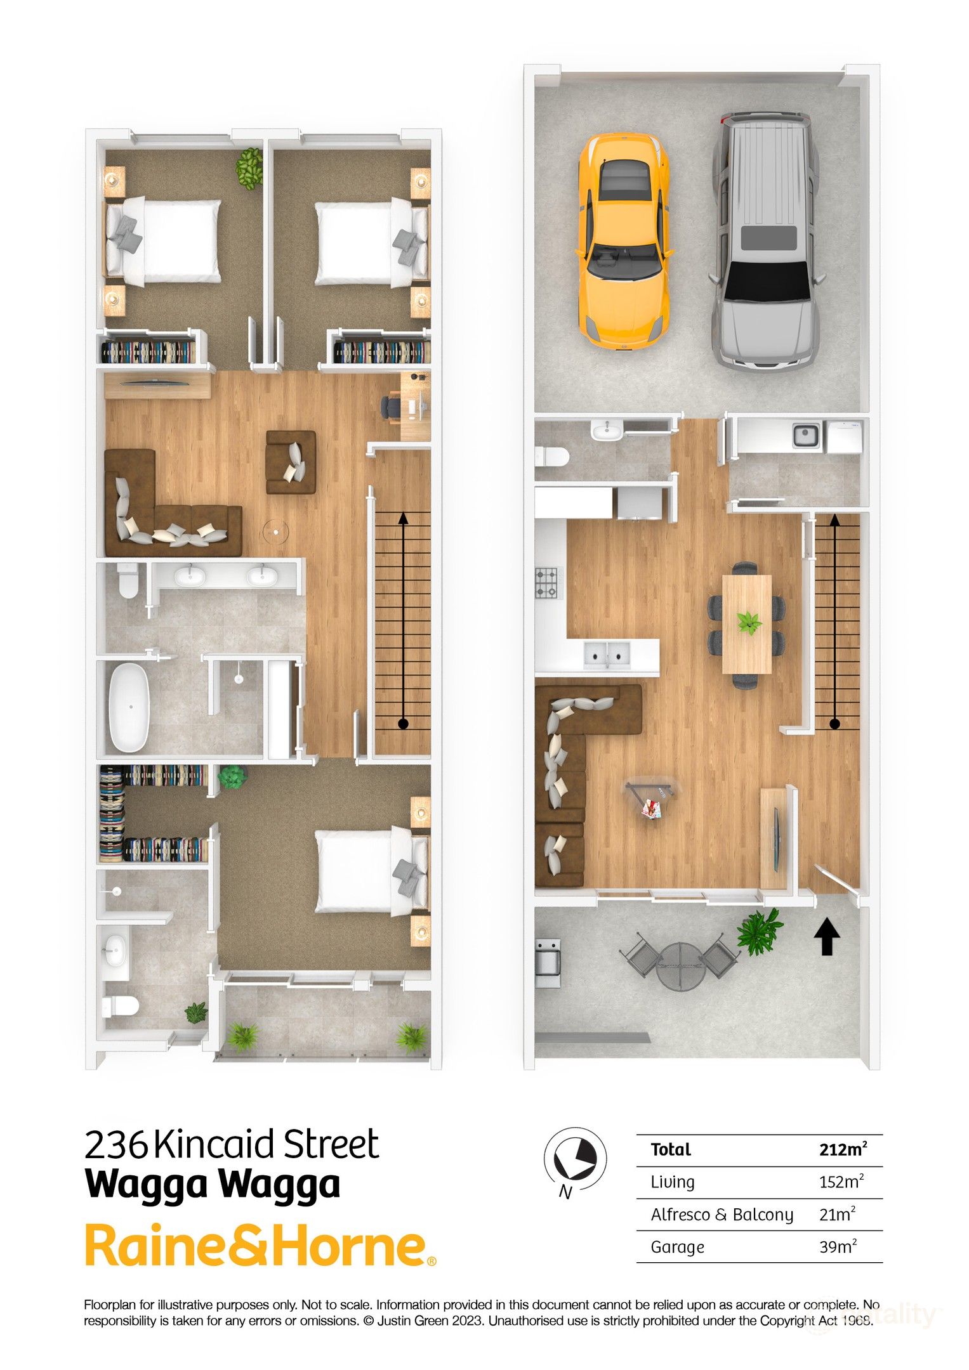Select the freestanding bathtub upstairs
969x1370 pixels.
130,707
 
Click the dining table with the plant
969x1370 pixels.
747,624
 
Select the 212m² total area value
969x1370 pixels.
843,1149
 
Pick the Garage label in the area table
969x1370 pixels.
677,1246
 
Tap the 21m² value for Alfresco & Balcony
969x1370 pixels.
837,1214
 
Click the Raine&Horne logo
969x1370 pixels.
260,1246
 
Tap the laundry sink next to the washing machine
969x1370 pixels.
807,436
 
